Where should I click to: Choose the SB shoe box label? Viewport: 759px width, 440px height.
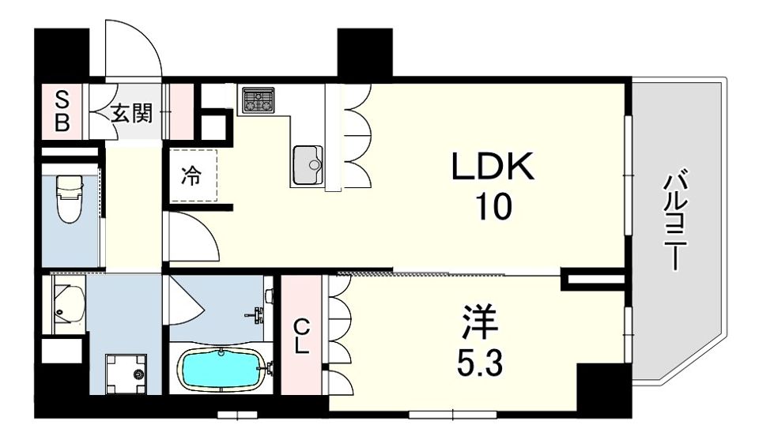pyautogui.click(x=61, y=111)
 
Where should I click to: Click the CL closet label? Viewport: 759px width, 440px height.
pyautogui.click(x=301, y=337)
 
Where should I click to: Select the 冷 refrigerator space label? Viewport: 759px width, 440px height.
pyautogui.click(x=191, y=175)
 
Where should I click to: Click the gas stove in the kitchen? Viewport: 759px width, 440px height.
pyautogui.click(x=258, y=100)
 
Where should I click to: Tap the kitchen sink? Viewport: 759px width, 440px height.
pyautogui.click(x=309, y=165)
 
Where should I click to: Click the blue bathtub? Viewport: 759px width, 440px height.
pyautogui.click(x=221, y=369)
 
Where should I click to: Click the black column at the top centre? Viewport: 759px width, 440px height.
pyautogui.click(x=364, y=51)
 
